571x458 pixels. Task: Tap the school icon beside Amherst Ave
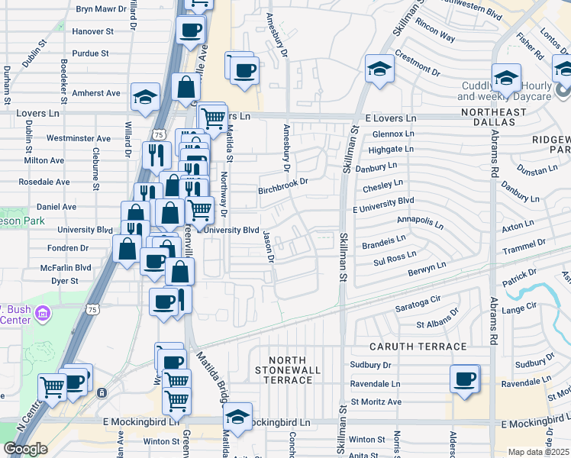tap(145, 96)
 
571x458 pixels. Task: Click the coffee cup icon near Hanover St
tap(190, 31)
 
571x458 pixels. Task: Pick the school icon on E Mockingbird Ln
tap(237, 417)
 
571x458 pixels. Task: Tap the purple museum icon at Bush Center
tap(44, 314)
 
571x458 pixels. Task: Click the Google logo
tap(25, 449)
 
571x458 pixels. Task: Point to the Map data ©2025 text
tap(538, 452)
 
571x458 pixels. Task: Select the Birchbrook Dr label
tap(282, 185)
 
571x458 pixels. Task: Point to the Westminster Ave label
tap(79, 139)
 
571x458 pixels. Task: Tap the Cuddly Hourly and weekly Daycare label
tap(504, 92)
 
